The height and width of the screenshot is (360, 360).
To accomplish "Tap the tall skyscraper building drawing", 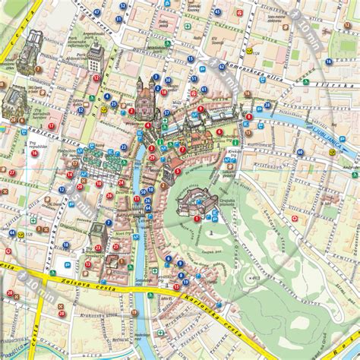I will point(96,57).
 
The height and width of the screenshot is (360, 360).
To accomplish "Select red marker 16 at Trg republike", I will point(33,153).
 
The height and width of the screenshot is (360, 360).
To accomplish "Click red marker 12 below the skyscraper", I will point(96,77).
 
